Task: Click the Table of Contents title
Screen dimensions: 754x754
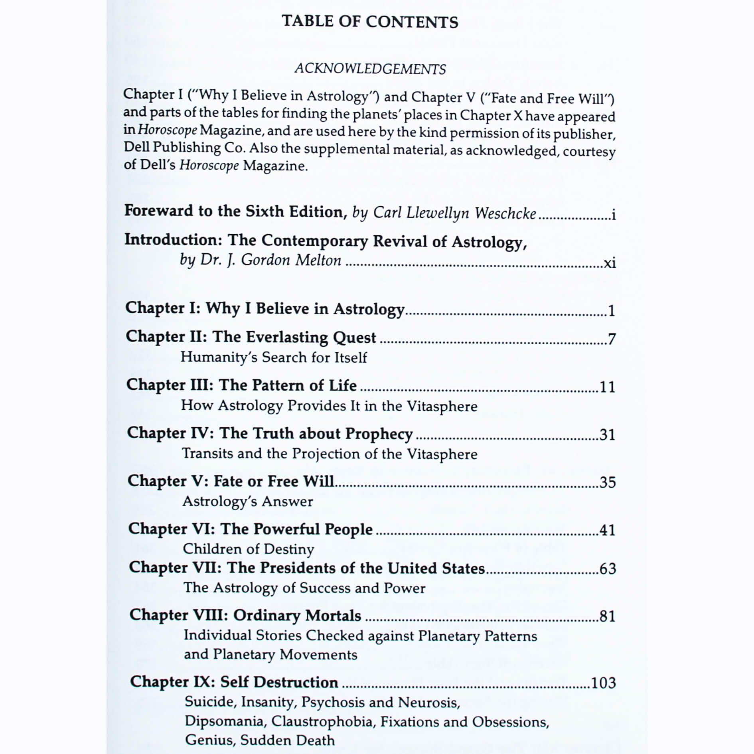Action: point(370,22)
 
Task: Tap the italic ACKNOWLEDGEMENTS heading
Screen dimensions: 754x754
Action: point(370,69)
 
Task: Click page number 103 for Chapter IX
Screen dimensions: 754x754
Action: point(603,683)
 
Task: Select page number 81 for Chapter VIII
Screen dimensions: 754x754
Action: point(608,616)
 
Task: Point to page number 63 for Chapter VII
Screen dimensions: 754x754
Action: point(608,569)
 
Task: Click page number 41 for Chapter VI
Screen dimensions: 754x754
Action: point(607,530)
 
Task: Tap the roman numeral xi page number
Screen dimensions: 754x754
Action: point(610,263)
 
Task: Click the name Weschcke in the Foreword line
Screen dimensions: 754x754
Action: point(505,213)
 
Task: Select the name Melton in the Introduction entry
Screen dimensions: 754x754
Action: point(318,260)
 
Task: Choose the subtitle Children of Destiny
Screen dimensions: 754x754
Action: point(248,549)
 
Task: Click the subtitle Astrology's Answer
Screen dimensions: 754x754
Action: point(247,501)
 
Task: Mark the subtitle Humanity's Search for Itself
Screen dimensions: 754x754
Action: point(273,357)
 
